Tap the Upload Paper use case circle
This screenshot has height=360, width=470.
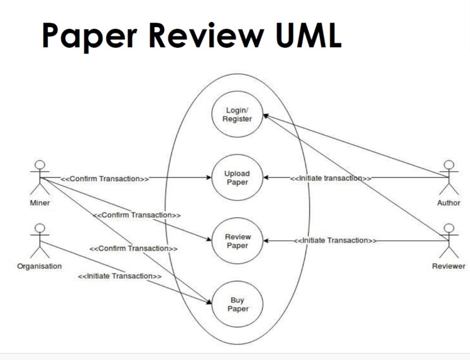click(x=237, y=178)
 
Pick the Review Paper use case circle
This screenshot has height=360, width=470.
click(x=237, y=241)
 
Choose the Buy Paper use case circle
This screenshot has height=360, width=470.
click(x=237, y=305)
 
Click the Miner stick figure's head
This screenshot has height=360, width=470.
click(x=40, y=166)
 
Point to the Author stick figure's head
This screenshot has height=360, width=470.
click(x=449, y=166)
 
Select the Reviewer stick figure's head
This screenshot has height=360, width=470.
click(x=449, y=229)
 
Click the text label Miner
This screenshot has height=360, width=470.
click(x=40, y=203)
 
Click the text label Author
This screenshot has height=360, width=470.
click(x=449, y=203)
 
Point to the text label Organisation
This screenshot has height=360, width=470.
click(x=40, y=266)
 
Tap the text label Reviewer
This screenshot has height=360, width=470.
click(x=449, y=266)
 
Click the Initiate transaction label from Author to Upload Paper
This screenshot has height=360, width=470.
click(x=331, y=178)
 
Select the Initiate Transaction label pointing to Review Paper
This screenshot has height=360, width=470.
click(x=336, y=241)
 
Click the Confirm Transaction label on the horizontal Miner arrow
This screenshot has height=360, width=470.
click(x=104, y=178)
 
